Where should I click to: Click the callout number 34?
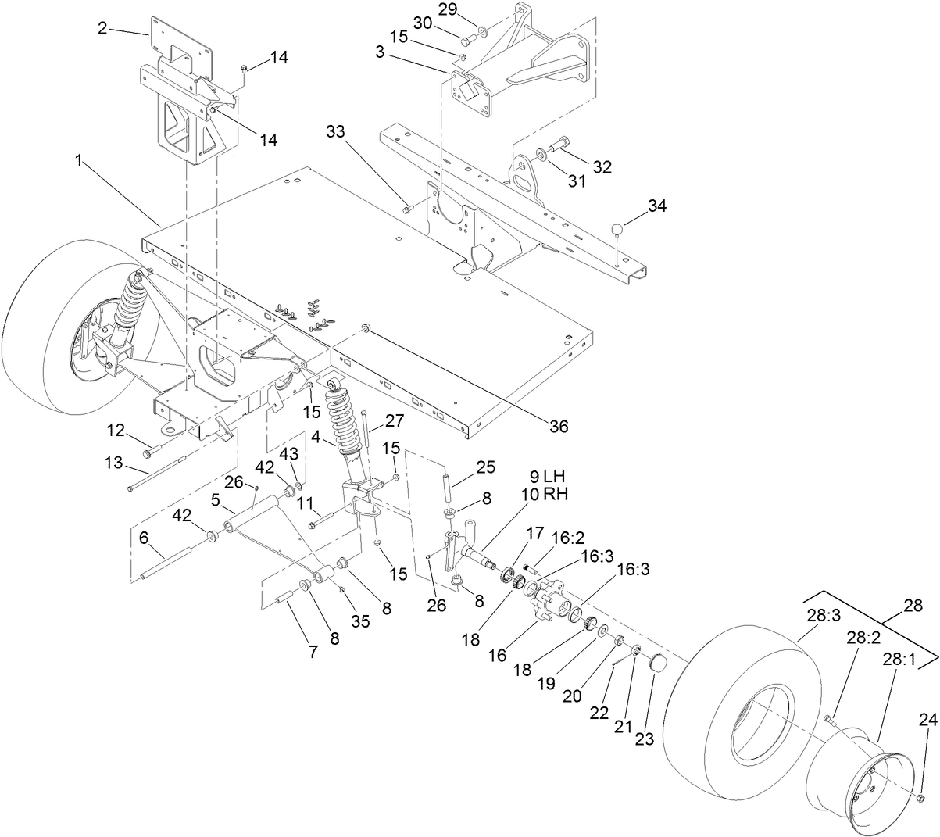point(659,206)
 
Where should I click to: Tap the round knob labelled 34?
point(617,228)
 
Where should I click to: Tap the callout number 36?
point(558,427)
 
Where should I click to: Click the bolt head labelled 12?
point(148,452)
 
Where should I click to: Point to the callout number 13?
point(115,463)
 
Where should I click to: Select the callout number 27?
point(394,420)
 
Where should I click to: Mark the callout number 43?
point(289,453)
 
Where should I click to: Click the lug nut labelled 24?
point(920,798)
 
